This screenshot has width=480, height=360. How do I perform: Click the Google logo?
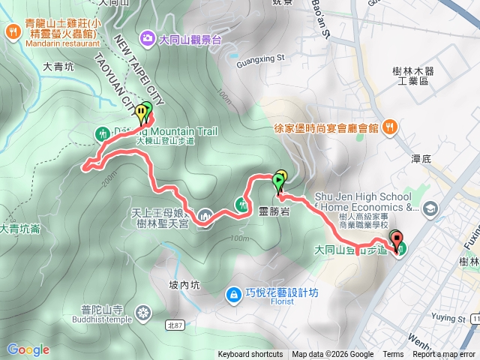tap(28, 349)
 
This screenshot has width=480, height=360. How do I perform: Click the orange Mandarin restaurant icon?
tap(13, 31)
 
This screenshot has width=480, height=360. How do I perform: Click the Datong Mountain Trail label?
tap(164, 131)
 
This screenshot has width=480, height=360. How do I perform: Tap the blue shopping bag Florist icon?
tap(234, 292)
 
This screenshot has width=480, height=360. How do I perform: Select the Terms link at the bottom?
tap(393, 355)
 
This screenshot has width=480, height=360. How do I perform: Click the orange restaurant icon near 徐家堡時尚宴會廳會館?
tap(389, 127)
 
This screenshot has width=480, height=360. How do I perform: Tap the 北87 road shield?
tap(174, 325)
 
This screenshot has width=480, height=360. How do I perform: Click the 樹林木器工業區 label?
tap(420, 75)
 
